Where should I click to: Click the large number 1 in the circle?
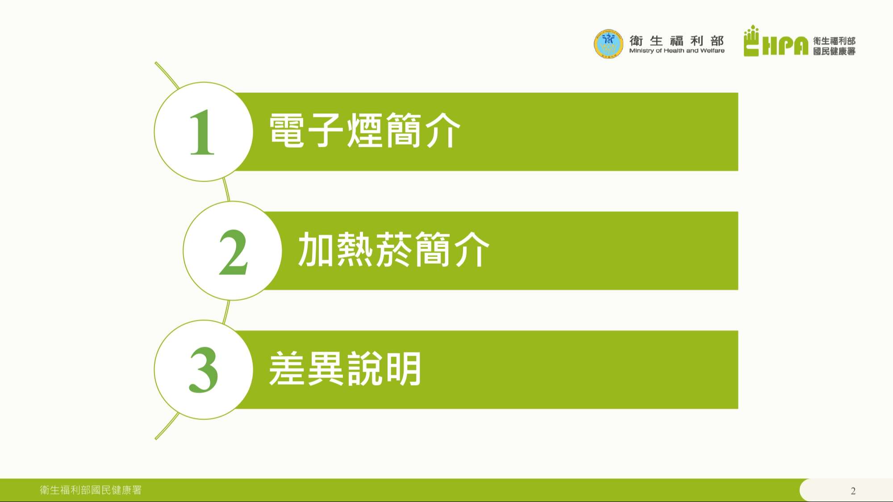coord(202,132)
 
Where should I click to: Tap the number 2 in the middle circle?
coord(233,252)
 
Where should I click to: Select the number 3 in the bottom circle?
coord(204,370)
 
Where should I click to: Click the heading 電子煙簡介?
coord(364,130)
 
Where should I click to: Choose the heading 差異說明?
coord(345,369)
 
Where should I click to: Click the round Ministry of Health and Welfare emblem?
coord(608,44)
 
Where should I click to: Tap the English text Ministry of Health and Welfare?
coord(677,51)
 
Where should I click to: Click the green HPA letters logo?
coord(785,46)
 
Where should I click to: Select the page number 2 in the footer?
coord(853,491)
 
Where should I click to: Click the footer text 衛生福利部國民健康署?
coord(91,490)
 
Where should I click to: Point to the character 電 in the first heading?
coord(287,130)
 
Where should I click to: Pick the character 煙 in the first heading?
coord(365,130)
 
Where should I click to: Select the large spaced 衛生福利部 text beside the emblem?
coord(676,41)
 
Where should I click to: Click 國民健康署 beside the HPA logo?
coord(834,51)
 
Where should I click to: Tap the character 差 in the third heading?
coord(287,369)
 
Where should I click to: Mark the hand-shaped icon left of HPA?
coord(751,41)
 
